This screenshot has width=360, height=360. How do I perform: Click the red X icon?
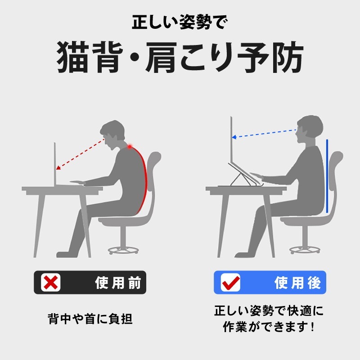point(51,283)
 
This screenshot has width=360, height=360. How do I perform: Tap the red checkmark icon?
point(231,282)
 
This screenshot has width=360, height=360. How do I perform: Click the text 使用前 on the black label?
point(118,283)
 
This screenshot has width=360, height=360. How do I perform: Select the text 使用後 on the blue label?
point(297,283)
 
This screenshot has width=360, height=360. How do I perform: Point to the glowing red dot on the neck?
point(130,147)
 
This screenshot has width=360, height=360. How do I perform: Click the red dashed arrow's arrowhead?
point(58,168)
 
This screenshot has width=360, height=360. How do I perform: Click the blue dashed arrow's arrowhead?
point(234,137)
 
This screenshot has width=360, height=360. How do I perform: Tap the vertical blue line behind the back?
point(327,176)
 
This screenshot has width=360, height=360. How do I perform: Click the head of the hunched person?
point(113,134)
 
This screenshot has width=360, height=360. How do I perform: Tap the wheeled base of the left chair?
point(123,250)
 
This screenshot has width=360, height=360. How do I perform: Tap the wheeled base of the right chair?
point(305,250)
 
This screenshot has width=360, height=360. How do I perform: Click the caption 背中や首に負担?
point(90,319)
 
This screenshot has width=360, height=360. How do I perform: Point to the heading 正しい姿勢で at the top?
point(180,22)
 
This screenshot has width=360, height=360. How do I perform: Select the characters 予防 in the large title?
point(270,58)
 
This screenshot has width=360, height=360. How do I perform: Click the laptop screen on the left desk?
point(55,164)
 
